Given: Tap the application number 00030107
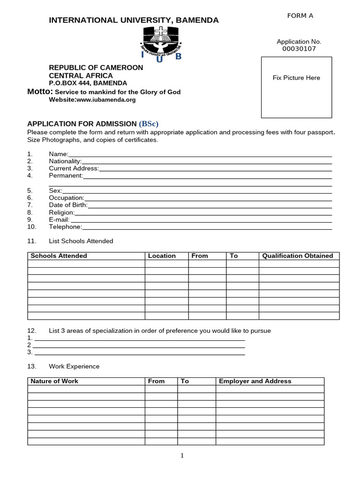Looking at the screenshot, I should [299, 49].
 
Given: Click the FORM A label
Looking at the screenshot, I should [300, 16].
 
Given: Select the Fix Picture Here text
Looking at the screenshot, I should [296, 78].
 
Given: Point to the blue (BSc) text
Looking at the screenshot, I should [149, 124].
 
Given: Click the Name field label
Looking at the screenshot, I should [58, 154].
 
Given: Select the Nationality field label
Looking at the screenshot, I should [65, 161].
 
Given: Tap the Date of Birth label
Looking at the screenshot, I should [68, 205].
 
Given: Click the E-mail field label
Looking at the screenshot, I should [59, 219].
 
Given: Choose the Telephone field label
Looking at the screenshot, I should [65, 227].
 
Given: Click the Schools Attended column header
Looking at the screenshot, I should [59, 256].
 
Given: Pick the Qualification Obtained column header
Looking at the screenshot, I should [298, 256].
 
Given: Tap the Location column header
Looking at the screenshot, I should [162, 256].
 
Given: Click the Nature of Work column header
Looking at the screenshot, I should [54, 381].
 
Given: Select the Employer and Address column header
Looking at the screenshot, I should [255, 381].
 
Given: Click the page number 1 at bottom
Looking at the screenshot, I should [182, 456].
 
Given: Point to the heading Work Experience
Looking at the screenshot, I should [74, 366].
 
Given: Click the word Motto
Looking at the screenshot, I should [39, 92].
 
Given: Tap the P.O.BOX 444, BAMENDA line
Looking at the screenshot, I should [88, 83].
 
